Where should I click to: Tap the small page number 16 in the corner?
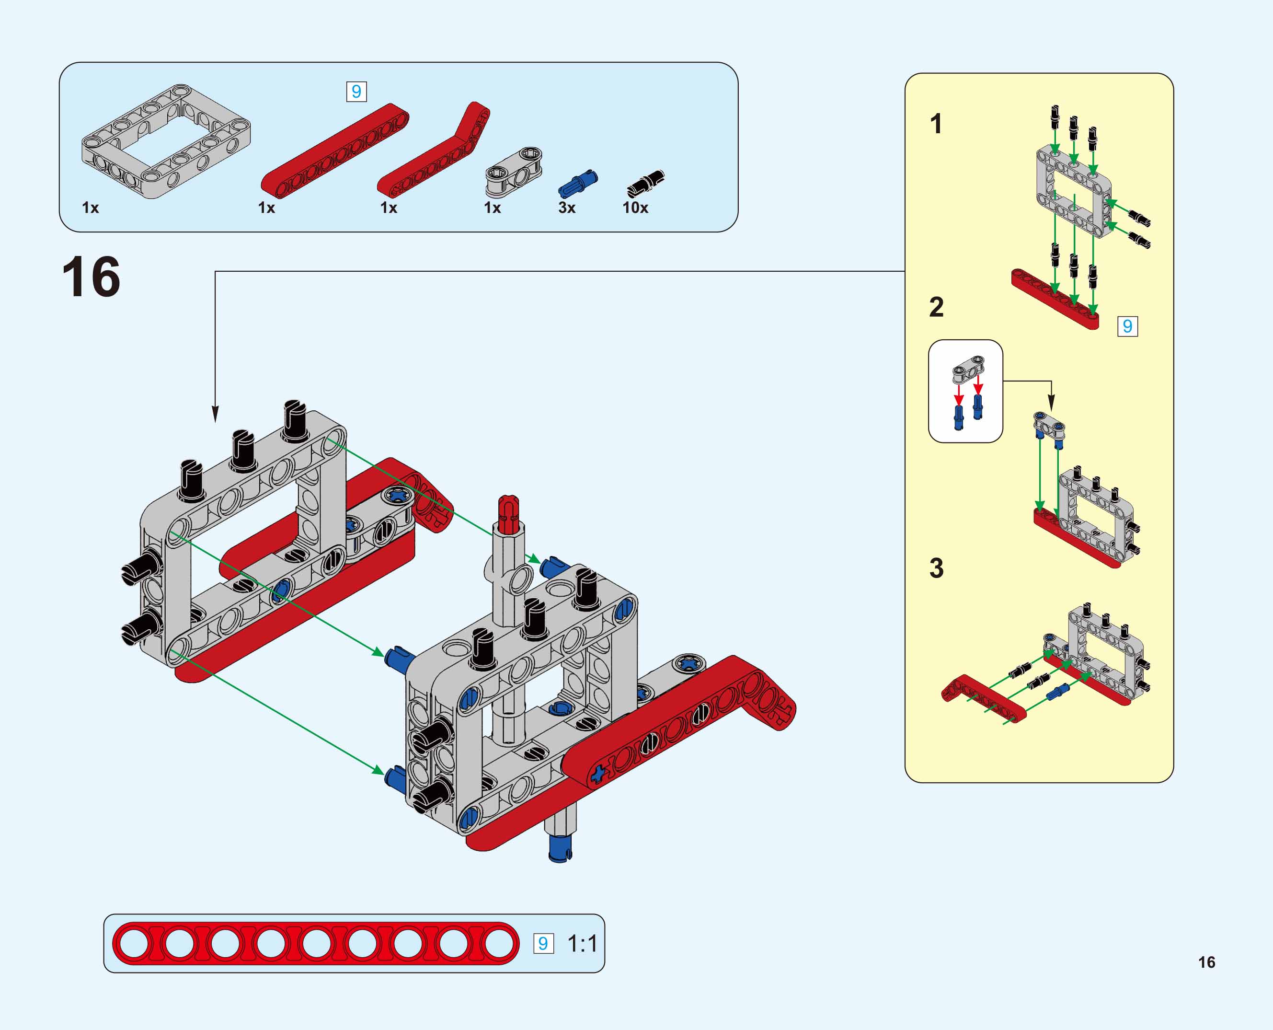[x=1206, y=962]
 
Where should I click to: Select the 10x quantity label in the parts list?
[x=635, y=208]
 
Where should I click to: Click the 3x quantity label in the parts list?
[x=566, y=208]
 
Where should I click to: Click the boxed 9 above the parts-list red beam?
[x=356, y=92]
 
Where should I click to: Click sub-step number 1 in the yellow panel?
[x=936, y=124]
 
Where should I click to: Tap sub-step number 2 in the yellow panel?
[x=936, y=307]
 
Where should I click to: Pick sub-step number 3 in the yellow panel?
[x=936, y=568]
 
